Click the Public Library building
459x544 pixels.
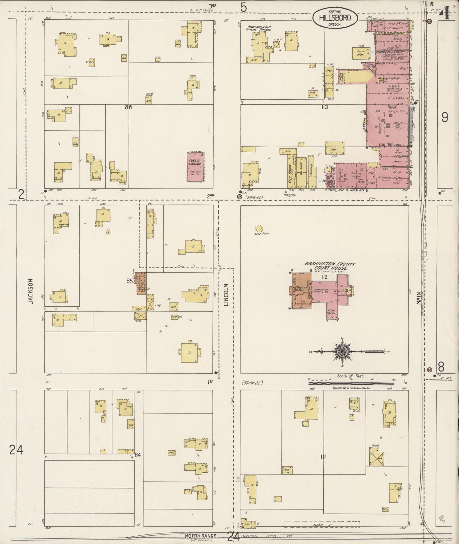tap(195, 167)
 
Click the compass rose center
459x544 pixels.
tap(341, 351)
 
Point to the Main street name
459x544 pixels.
tap(419, 299)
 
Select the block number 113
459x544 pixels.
tap(324, 107)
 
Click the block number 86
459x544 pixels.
tap(128, 107)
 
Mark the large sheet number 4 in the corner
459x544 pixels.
tap(445, 14)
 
